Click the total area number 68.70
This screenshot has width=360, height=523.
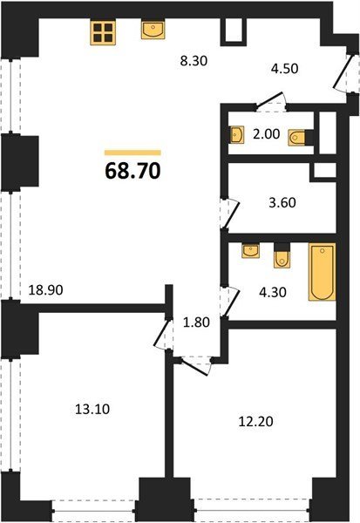(132, 171)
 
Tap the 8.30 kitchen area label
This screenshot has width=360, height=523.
(194, 61)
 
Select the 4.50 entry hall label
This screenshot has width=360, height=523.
(284, 68)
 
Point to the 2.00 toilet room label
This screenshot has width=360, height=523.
(266, 133)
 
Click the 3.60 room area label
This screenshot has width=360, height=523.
(282, 202)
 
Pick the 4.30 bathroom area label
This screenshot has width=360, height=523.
(273, 292)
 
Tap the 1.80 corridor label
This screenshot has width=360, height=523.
(196, 323)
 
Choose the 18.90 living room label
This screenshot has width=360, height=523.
(45, 290)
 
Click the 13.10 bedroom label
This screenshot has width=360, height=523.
(92, 409)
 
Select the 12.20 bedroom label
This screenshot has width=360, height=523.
(256, 421)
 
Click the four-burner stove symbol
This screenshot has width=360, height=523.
(103, 33)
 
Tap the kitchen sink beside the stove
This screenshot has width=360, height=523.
(153, 30)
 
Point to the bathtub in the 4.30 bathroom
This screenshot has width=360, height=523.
(322, 272)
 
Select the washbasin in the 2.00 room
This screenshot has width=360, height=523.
(237, 135)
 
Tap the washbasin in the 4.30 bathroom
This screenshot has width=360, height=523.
(250, 251)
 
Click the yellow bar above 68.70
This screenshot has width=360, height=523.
(132, 153)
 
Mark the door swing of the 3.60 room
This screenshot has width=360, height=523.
(230, 214)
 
